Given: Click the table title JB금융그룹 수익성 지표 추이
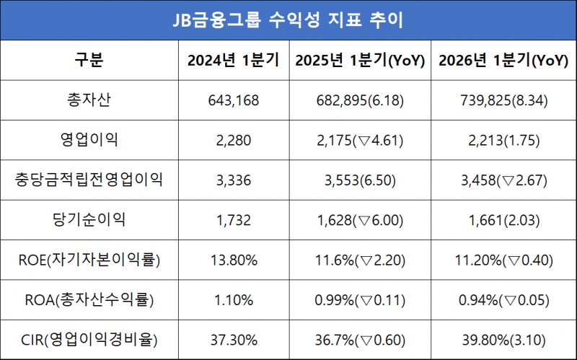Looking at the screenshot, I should (x=288, y=19).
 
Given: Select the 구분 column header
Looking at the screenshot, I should (x=89, y=60).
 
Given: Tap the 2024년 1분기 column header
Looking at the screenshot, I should (x=229, y=61).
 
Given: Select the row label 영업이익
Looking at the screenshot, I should (x=89, y=139).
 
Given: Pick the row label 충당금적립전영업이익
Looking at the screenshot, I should (x=89, y=180).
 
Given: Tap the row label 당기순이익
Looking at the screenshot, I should (x=89, y=219).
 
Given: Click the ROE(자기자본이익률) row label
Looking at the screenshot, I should (x=89, y=260).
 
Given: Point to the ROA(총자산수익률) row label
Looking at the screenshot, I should (x=89, y=299).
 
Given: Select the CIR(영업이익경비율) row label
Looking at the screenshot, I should (x=89, y=340).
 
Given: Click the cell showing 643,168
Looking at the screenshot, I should (x=229, y=100).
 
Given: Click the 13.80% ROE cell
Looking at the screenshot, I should (x=229, y=260).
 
